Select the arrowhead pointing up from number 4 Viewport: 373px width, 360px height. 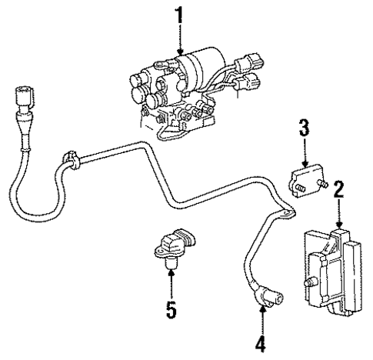[262, 309]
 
